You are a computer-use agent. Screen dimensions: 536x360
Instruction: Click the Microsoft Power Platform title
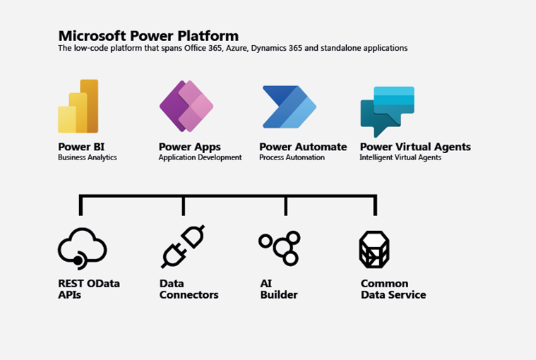148,36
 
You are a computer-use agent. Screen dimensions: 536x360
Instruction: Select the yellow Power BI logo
78,106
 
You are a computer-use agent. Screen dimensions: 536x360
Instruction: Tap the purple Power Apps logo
186,106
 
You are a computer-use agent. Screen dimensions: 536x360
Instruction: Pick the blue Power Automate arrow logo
290,107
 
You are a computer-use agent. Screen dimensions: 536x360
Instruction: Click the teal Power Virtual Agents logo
387,112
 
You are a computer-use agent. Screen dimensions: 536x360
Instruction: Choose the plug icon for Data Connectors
183,246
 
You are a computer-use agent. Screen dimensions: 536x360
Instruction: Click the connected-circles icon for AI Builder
280,248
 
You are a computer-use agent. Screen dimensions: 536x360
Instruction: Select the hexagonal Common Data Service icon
374,250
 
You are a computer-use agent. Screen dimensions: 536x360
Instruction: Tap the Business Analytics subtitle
88,157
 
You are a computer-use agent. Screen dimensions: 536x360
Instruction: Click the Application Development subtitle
200,157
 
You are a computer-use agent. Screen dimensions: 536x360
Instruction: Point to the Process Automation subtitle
292,157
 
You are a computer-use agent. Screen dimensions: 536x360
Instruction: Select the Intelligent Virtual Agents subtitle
400,157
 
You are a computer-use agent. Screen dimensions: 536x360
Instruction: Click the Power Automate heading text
303,147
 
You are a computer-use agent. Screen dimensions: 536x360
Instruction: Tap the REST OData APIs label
89,289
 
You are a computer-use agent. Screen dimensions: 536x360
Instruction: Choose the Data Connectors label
189,289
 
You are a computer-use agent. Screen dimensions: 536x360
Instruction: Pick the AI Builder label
279,289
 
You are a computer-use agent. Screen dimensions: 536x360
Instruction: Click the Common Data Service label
393,289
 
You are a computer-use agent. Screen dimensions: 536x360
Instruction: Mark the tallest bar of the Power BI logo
90,106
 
